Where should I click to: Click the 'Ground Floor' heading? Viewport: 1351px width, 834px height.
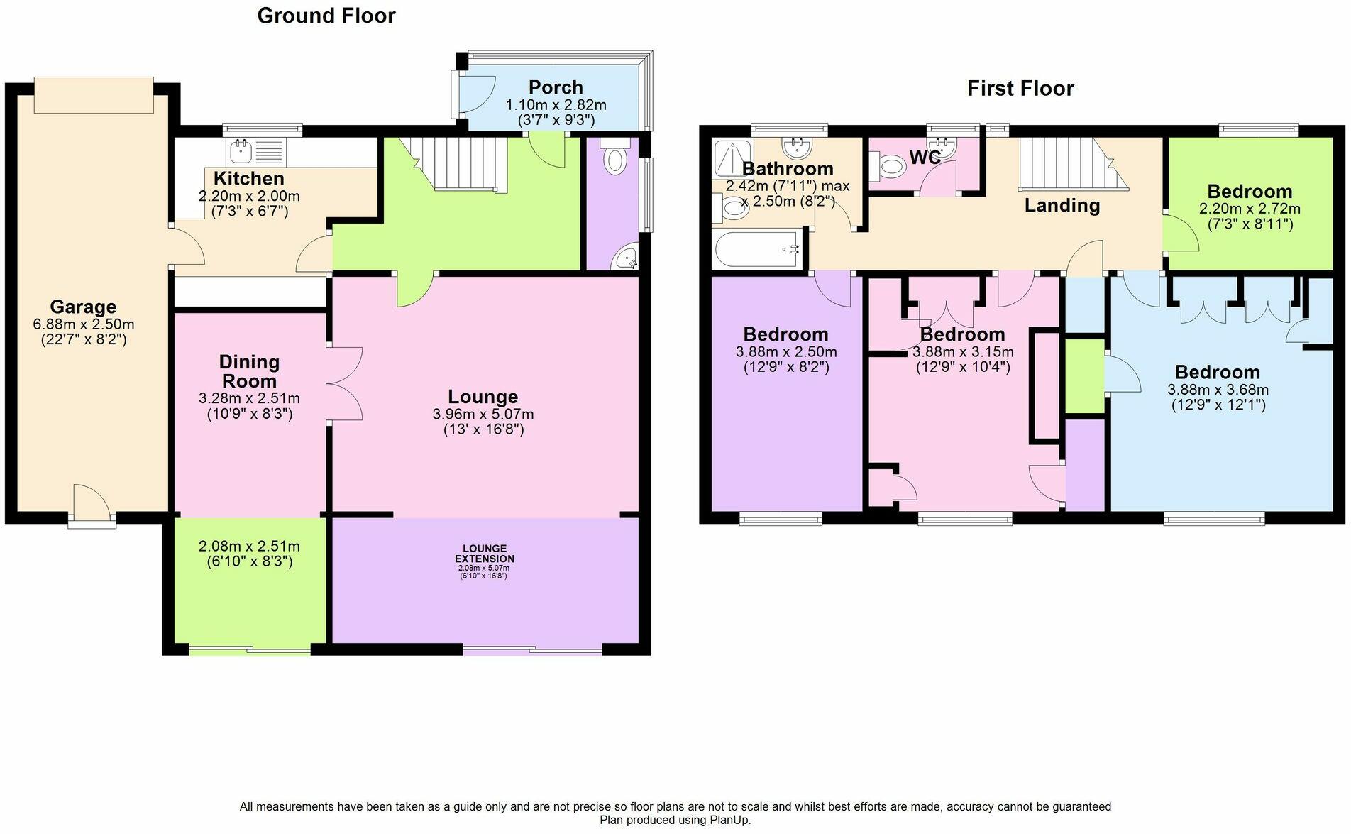tap(326, 16)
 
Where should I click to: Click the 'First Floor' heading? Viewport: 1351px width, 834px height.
tap(1020, 89)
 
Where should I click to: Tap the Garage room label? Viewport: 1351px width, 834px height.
tap(83, 307)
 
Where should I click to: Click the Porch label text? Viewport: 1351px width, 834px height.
tap(556, 87)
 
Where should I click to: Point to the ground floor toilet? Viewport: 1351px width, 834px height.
tap(614, 159)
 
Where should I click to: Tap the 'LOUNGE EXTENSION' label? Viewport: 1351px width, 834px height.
tap(484, 554)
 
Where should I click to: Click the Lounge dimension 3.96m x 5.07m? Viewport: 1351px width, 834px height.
tap(482, 415)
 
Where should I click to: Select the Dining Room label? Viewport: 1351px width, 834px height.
tap(249, 371)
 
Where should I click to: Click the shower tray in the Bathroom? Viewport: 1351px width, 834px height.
tap(732, 158)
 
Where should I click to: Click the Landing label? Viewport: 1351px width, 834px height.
tap(1061, 206)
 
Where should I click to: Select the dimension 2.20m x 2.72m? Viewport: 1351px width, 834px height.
tap(1249, 209)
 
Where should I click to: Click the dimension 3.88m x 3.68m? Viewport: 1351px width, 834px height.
tap(1218, 390)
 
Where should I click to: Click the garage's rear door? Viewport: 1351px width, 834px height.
tap(91, 505)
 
